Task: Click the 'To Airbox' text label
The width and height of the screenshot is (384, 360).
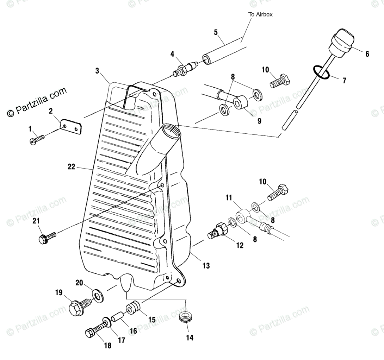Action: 260,14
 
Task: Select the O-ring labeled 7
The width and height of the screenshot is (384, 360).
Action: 321,72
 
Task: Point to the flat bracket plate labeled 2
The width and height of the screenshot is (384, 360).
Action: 71,127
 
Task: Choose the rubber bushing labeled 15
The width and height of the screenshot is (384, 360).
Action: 133,307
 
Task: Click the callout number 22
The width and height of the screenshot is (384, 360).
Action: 71,167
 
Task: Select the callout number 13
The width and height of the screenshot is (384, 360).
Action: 206,265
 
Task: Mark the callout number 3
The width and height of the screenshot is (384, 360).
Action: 98,71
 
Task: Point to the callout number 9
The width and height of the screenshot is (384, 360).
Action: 259,121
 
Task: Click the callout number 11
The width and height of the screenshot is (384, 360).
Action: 229,198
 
